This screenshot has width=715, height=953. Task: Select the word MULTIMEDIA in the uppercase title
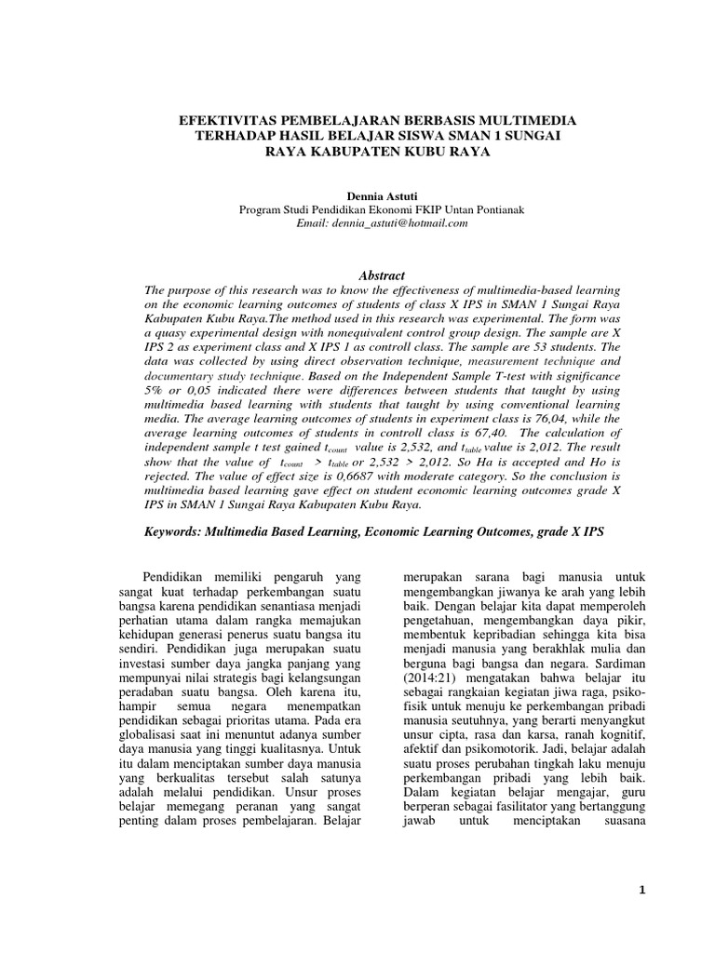coord(531,121)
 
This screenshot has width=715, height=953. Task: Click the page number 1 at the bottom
coord(641,891)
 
